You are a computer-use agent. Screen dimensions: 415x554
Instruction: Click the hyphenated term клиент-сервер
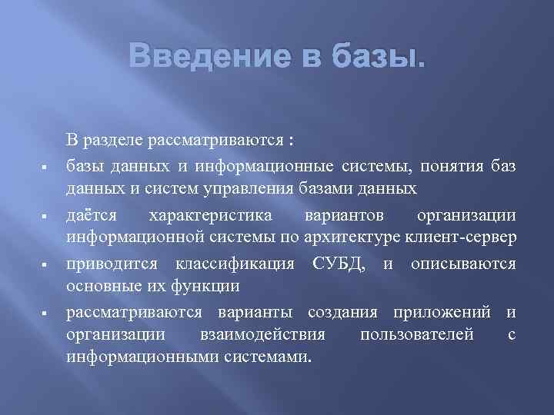tap(471, 237)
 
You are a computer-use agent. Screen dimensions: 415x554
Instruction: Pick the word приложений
tap(442, 313)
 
